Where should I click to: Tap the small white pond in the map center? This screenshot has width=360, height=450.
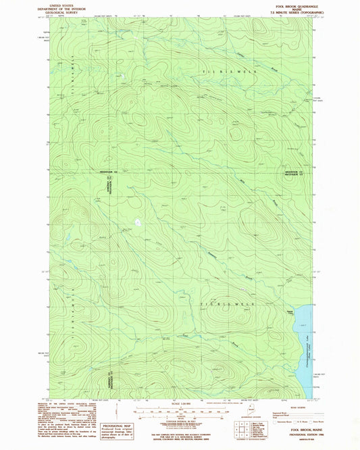[x=138, y=221]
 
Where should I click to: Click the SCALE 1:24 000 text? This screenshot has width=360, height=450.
[x=180, y=404]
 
